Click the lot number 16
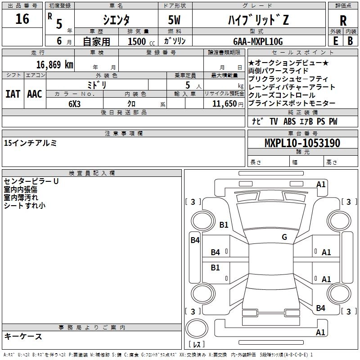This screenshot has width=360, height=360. (x=22, y=19)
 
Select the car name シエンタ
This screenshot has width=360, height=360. (x=116, y=20)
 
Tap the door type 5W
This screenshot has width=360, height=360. (x=174, y=20)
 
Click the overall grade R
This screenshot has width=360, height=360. (x=343, y=21)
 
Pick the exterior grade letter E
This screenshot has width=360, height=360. (x=335, y=41)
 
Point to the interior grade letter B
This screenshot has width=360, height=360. (x=350, y=41)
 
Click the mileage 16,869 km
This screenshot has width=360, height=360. (x=55, y=65)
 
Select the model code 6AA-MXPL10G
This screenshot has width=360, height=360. (x=258, y=41)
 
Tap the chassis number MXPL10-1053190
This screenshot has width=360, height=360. (x=302, y=143)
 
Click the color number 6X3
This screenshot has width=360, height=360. (x=74, y=104)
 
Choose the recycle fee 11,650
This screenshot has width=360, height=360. (x=224, y=104)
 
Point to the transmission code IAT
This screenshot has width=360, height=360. (x=13, y=94)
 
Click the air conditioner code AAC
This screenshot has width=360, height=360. (x=35, y=94)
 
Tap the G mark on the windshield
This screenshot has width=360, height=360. (x=284, y=237)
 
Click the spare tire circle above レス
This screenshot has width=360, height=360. (x=197, y=328)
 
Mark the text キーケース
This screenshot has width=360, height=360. (x=23, y=336)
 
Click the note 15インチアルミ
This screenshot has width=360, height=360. (x=30, y=143)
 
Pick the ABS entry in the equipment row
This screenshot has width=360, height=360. (x=289, y=121)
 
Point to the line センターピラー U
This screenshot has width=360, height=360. (x=31, y=181)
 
